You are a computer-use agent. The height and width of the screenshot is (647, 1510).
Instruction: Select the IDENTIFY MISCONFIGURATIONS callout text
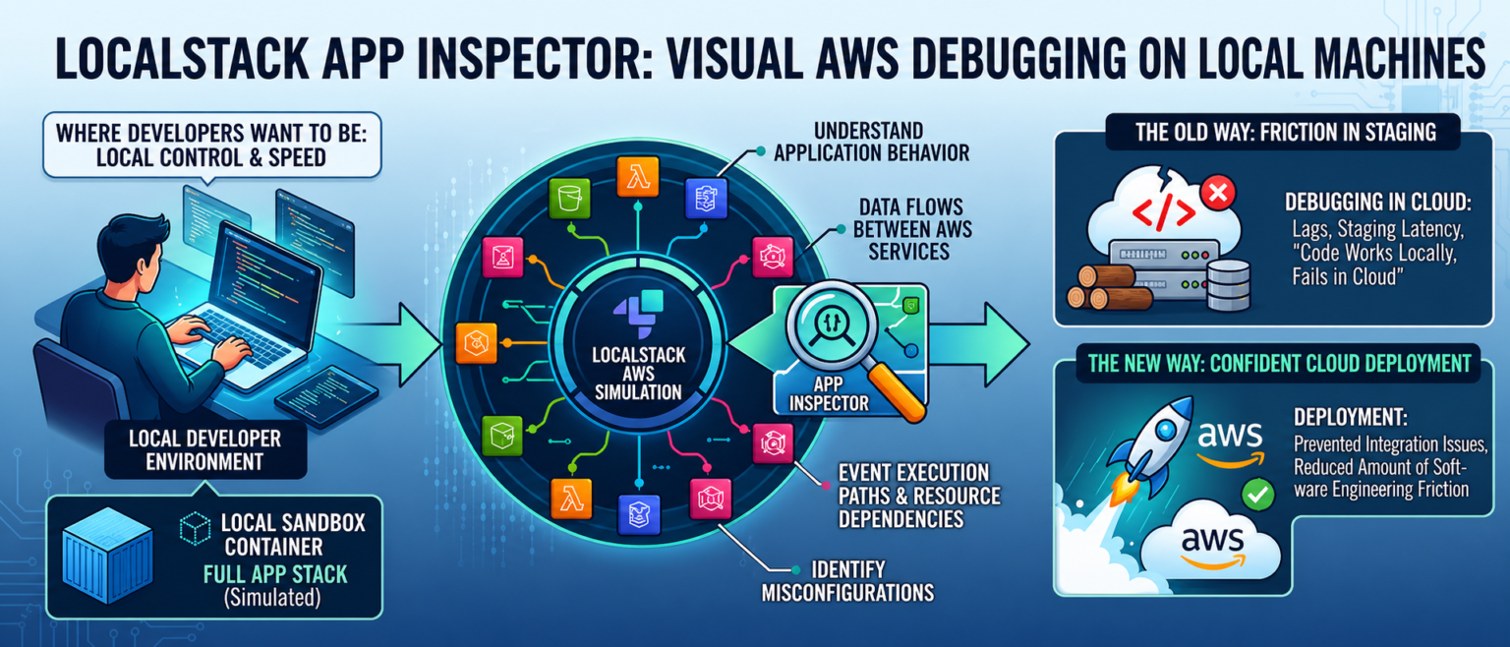(x=846, y=580)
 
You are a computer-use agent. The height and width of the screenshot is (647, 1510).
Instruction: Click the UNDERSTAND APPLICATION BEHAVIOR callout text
(x=870, y=142)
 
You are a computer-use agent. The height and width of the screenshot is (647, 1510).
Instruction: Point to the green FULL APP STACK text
(x=275, y=573)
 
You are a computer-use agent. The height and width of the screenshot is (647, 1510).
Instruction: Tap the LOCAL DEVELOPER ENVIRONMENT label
(x=204, y=449)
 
